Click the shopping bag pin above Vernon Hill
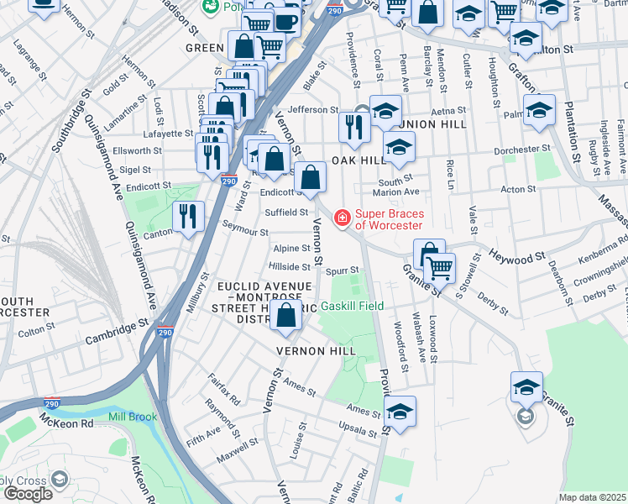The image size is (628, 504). (x=286, y=317)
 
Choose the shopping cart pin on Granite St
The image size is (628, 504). (x=440, y=269)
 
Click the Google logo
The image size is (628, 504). (x=28, y=493)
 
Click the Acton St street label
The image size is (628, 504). (x=512, y=190)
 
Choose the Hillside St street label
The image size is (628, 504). (x=289, y=267)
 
